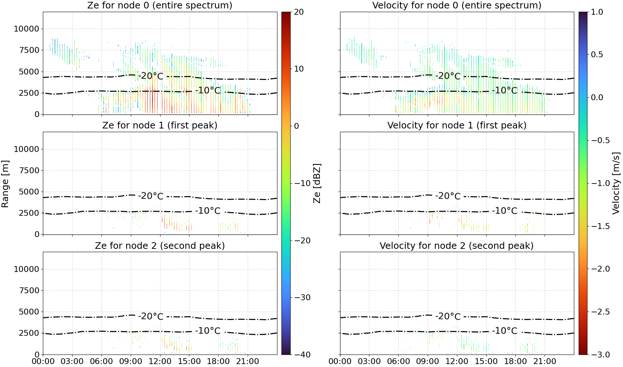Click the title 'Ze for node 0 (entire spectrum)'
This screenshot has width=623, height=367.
[x=160, y=5]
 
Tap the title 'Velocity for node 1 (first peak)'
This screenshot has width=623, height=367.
[x=457, y=125]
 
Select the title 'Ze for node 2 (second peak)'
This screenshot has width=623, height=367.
[x=160, y=246]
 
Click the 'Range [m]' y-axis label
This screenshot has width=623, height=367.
[x=5, y=184]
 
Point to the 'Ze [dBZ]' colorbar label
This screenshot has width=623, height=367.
[x=317, y=183]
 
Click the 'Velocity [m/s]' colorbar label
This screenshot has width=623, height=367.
[x=616, y=183]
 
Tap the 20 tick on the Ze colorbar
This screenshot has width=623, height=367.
[x=299, y=12]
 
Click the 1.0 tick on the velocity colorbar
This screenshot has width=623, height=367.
[x=597, y=12]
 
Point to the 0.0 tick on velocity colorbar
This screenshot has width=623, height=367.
[x=597, y=98]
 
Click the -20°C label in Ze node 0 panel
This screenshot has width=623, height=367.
[x=151, y=76]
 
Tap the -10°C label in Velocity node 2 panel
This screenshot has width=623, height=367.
[x=505, y=331]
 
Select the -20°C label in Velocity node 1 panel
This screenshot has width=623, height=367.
[x=448, y=196]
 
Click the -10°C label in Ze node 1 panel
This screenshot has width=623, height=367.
[x=208, y=211]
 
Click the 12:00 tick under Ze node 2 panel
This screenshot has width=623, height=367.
[x=160, y=361]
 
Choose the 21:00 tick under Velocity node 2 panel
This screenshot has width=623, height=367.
[x=545, y=361]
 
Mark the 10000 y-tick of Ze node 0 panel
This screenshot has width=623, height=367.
[x=26, y=29]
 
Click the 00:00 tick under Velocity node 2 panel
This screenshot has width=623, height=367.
[x=340, y=361]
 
